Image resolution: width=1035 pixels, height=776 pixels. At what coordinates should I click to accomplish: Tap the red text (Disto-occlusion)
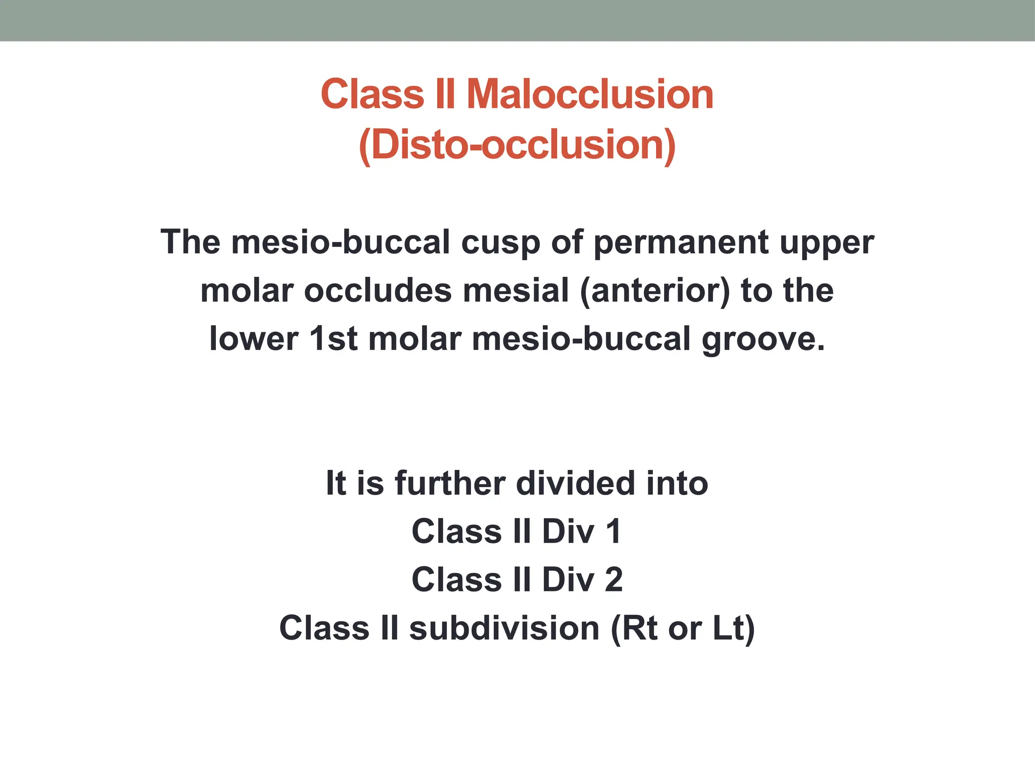[517, 145]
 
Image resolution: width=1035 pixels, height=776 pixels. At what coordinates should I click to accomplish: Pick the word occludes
[378, 291]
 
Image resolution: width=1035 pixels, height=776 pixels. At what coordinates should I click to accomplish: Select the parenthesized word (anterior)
[655, 292]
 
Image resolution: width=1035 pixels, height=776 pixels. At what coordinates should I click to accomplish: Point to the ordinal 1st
[334, 338]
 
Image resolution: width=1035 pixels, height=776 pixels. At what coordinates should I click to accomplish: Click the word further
[450, 483]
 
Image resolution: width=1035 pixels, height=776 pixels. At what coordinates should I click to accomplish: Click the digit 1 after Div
[614, 531]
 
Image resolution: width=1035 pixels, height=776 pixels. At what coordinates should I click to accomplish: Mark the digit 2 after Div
[614, 579]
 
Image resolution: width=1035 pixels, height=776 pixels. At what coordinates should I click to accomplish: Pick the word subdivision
[504, 628]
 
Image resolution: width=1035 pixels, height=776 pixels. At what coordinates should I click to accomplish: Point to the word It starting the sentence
[336, 483]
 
